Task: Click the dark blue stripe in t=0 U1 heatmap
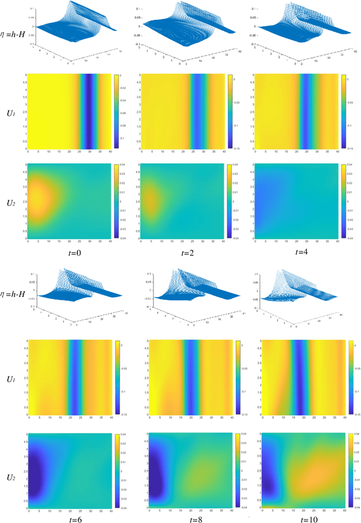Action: (x=86, y=112)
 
